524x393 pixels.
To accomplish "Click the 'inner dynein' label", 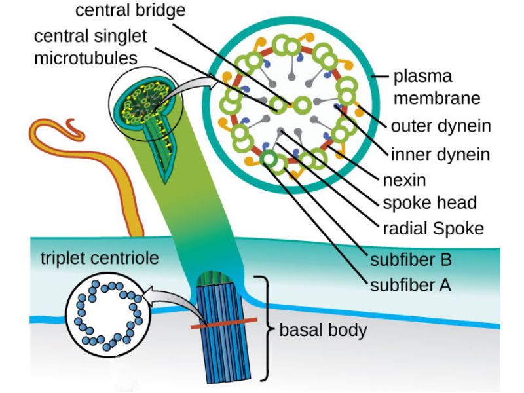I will point(440,155).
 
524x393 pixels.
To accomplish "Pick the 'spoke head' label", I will point(430,202).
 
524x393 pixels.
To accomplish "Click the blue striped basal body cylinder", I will point(223,347).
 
